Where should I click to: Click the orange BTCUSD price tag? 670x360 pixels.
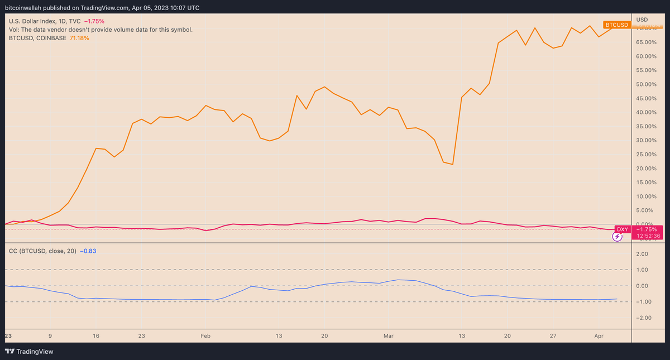point(617,25)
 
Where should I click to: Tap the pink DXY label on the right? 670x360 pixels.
point(622,229)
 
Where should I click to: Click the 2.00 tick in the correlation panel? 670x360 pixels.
point(642,254)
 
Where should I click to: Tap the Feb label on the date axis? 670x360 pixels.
point(205,336)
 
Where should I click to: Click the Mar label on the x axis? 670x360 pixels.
point(389,336)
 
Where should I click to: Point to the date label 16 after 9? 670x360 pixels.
point(96,336)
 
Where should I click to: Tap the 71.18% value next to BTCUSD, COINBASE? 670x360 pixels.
point(79,38)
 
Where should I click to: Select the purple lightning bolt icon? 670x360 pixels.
point(618,237)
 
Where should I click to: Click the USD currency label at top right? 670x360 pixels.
point(642,20)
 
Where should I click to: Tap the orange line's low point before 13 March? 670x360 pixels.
point(452,164)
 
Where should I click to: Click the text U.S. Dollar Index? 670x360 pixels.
point(33,21)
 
